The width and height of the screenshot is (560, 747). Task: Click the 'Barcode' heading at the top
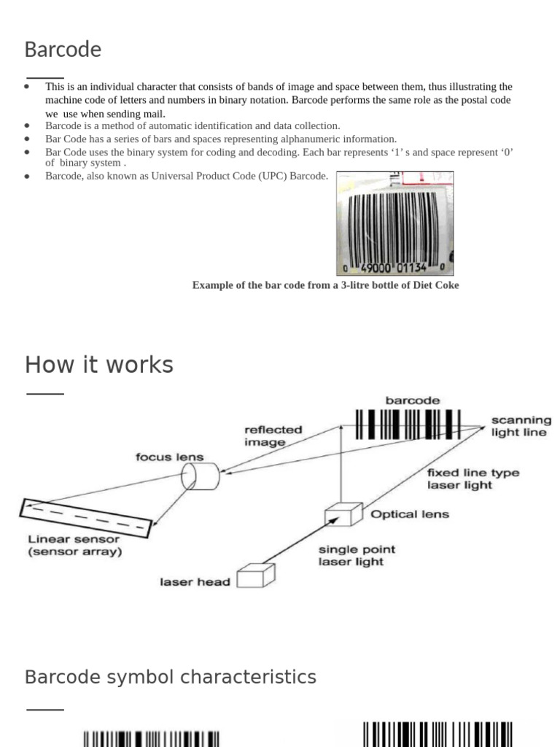pyautogui.click(x=63, y=50)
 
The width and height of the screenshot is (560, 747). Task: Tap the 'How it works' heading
pyautogui.click(x=99, y=364)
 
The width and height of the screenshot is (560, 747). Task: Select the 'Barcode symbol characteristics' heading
pyautogui.click(x=171, y=677)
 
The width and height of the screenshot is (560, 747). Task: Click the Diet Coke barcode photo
pyautogui.click(x=394, y=223)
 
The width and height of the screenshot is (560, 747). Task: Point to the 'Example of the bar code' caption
pyautogui.click(x=325, y=285)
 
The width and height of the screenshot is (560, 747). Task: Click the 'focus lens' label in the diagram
pyautogui.click(x=169, y=457)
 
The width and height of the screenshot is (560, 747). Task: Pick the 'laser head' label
pyautogui.click(x=195, y=582)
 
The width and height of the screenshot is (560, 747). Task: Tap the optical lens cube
pyautogui.click(x=343, y=514)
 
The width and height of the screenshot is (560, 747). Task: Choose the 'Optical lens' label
pyautogui.click(x=410, y=514)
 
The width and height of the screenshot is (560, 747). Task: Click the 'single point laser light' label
pyautogui.click(x=357, y=555)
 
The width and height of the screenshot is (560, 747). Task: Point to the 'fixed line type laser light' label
pyautogui.click(x=472, y=479)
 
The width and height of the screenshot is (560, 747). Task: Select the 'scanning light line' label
pyautogui.click(x=521, y=426)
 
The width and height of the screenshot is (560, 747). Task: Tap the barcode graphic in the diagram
pyautogui.click(x=408, y=424)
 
